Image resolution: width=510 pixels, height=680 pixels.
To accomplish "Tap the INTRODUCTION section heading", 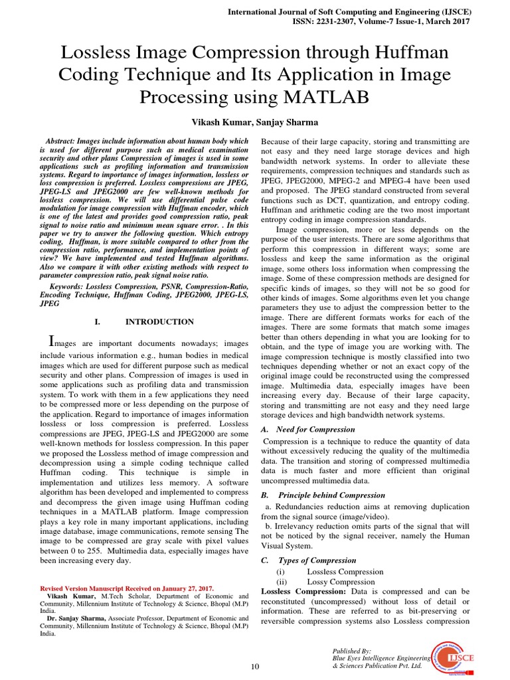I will tap(159, 321).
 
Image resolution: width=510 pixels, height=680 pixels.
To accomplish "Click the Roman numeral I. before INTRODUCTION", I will tap(97, 321).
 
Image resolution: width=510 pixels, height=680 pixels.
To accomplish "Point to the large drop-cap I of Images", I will tap(53, 341).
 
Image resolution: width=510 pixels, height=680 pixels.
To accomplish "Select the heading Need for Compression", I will tap(316, 429).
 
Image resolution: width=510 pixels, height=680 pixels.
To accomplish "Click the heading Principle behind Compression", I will tap(331, 495).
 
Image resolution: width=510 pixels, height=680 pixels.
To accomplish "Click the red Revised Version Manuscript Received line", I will tap(127, 588).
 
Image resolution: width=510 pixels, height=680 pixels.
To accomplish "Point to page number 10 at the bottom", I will tap(254, 666).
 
